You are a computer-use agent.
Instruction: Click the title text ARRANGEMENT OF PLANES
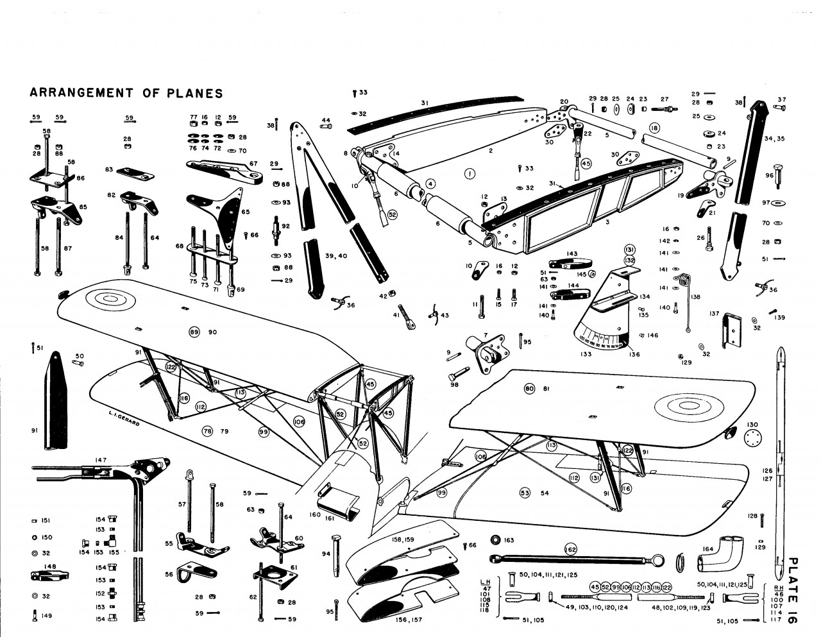coord(126,93)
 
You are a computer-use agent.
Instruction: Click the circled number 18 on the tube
coord(654,128)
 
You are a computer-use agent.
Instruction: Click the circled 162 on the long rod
coord(570,549)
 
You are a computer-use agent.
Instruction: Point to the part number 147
coord(101,460)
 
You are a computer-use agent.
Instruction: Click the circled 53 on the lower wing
coord(525,493)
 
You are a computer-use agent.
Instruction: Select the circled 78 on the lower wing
coord(207,430)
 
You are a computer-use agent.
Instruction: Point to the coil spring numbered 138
coord(684,280)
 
